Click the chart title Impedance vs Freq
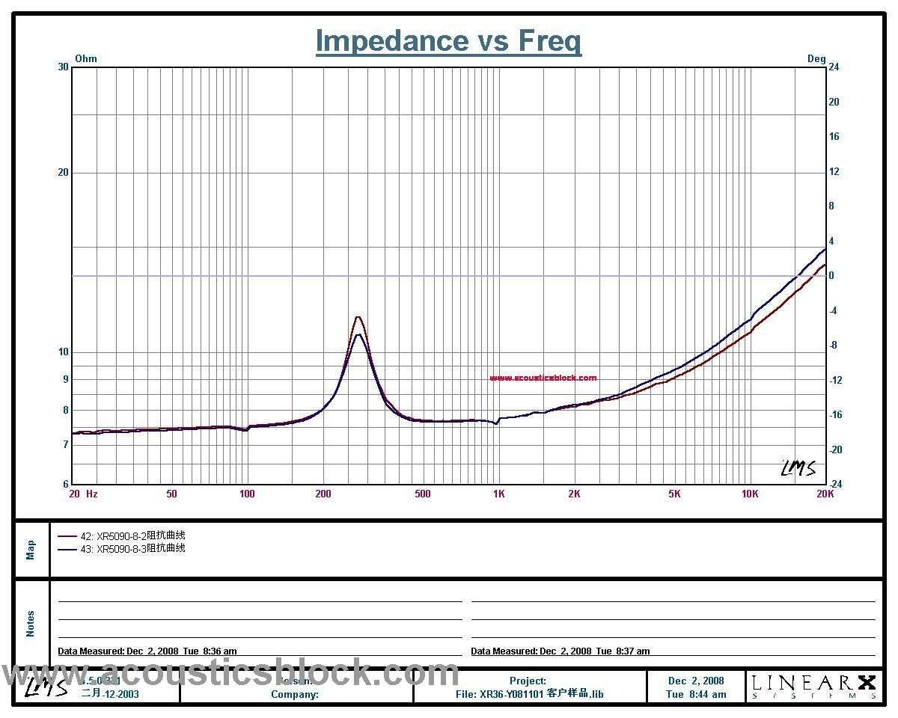coord(448,40)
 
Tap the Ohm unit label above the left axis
coord(86,58)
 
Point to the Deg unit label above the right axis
coord(816,58)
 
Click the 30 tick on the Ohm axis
coord(63,67)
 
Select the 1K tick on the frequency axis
coord(498,494)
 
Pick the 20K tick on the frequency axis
coord(825,494)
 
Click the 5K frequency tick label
coord(674,494)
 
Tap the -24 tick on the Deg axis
coord(834,484)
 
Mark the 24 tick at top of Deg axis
coord(833,67)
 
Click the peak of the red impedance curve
coord(358,317)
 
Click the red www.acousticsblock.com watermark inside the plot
coord(543,378)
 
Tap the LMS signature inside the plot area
coord(798,468)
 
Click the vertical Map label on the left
coord(31,550)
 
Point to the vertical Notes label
coord(31,624)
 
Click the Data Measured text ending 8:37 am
coord(560,651)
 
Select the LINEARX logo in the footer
coord(813,686)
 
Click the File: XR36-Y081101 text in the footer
coord(529,694)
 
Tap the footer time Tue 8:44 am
coord(696,694)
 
